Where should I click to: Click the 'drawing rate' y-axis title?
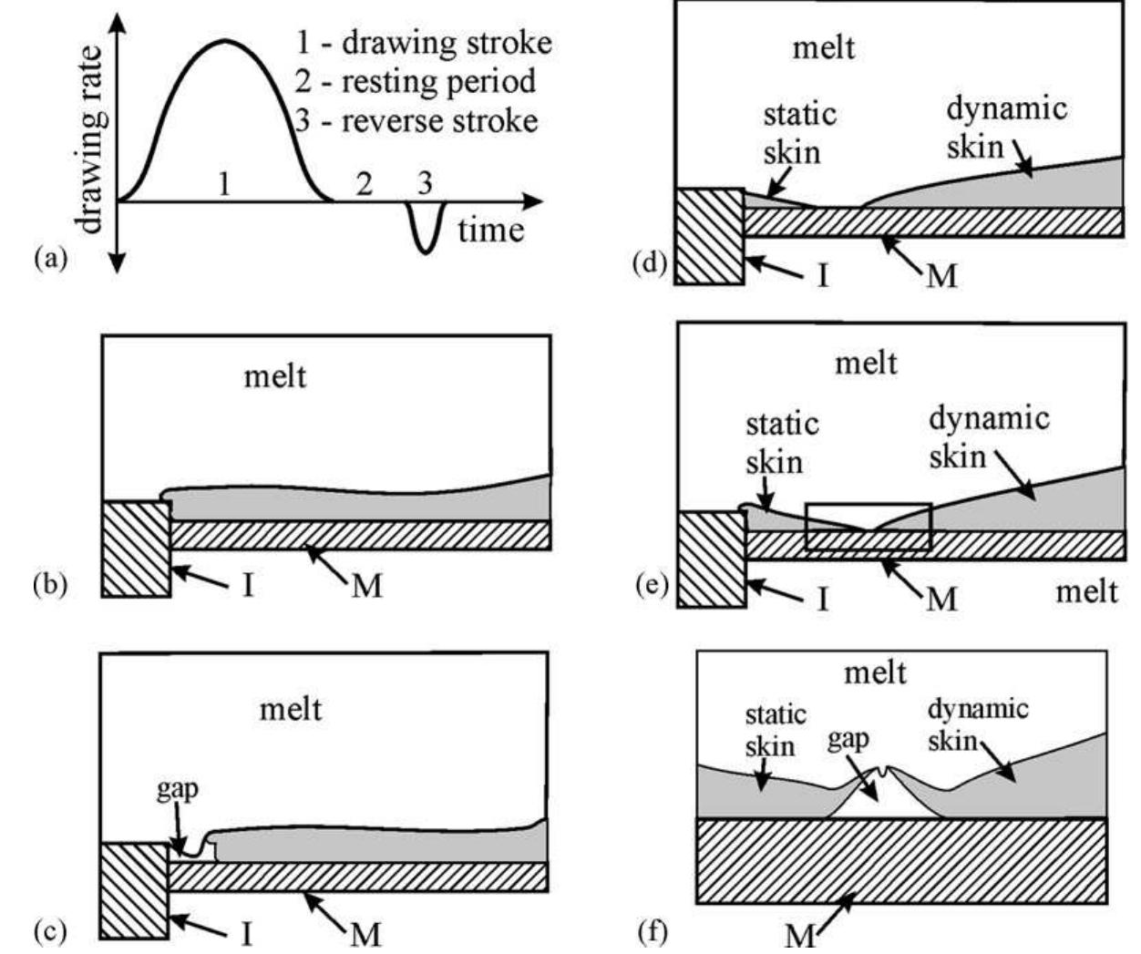[x=92, y=138]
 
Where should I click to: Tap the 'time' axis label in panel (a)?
[x=490, y=229]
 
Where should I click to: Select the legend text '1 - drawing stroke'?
[x=424, y=43]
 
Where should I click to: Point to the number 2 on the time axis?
[x=365, y=185]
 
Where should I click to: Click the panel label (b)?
[x=50, y=584]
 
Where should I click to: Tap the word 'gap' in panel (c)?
[x=177, y=789]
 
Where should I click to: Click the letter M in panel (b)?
[x=366, y=585]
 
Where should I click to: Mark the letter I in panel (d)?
[x=822, y=273]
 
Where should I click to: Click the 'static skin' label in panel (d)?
[x=799, y=133]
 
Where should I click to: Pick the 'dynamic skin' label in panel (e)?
[x=989, y=436]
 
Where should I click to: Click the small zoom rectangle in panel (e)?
[x=869, y=527]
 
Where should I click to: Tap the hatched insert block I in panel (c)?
[x=134, y=889]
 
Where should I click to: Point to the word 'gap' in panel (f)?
[x=848, y=739]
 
